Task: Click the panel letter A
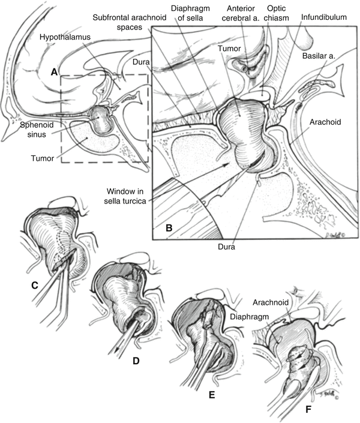[54, 72]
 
